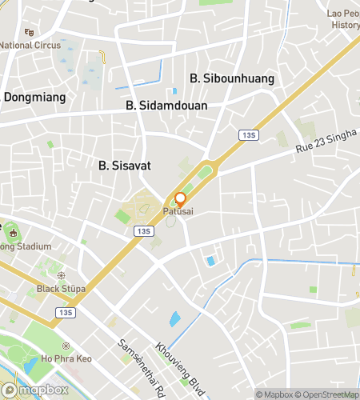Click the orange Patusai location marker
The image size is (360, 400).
tap(180, 199)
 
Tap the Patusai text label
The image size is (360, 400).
tap(178, 212)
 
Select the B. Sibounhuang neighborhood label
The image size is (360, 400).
tap(232, 78)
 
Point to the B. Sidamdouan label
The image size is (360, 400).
tap(166, 106)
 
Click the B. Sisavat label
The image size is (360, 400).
tap(125, 166)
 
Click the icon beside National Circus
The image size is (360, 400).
tap(30, 32)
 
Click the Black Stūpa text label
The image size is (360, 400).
tap(61, 289)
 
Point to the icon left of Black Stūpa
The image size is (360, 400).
tap(29, 289)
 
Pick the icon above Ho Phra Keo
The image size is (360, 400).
tap(66, 346)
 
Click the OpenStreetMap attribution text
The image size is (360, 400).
tap(326, 394)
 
